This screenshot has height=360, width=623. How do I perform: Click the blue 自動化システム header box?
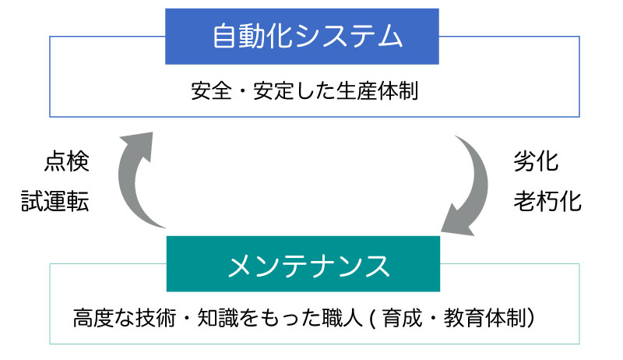point(302,36)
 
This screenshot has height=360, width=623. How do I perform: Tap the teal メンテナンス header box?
point(303,264)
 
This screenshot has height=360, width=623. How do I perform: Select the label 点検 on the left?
point(67,162)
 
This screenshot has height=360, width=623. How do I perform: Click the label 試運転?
point(55,200)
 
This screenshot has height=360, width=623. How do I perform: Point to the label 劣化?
point(536,162)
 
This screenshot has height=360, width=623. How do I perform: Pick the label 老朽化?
point(547,201)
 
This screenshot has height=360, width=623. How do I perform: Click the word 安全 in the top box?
point(211,90)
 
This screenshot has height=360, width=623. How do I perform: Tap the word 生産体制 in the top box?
point(378,90)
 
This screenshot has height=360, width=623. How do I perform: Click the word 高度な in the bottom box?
point(104,318)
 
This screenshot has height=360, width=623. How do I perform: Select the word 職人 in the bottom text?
point(343,318)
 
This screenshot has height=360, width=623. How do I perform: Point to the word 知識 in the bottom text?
point(218,318)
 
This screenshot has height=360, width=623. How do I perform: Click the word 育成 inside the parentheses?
point(402,318)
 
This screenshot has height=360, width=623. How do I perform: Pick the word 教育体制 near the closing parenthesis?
point(485,318)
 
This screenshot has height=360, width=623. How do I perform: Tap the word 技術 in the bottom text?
point(156,318)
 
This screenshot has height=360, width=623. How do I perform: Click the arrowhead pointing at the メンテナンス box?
point(457,221)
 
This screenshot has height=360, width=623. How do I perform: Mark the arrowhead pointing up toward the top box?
point(137,146)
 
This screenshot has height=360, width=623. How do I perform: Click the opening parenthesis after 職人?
point(372,318)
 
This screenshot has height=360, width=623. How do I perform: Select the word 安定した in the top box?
point(294,90)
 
